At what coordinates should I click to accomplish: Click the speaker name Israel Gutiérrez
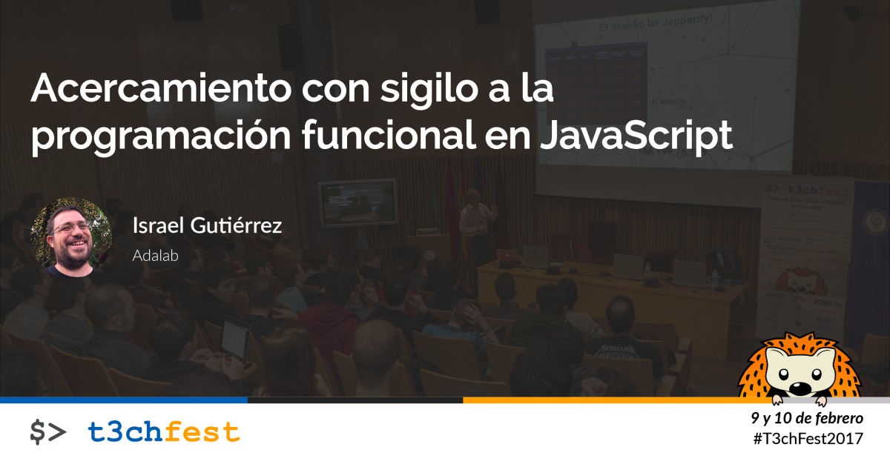click(x=207, y=226)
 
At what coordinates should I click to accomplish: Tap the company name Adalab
click(x=156, y=254)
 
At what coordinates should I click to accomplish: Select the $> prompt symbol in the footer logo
click(x=47, y=432)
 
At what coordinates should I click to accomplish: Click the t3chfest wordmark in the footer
click(x=164, y=431)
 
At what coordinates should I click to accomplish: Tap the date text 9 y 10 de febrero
click(x=807, y=418)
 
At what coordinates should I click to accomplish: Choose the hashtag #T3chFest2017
click(x=808, y=439)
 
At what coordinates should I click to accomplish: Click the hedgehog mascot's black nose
click(x=798, y=388)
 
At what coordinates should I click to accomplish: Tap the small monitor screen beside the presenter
click(x=357, y=202)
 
